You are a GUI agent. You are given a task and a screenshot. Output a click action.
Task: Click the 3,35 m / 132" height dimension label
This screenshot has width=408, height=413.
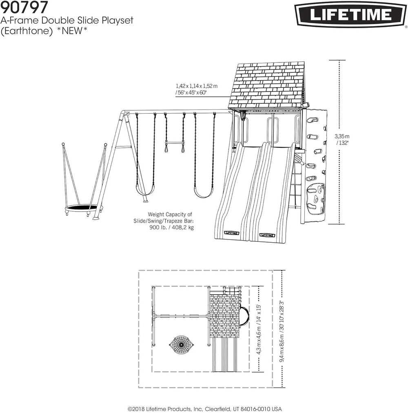[341, 139]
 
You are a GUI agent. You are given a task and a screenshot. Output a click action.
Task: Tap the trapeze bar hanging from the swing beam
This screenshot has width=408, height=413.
[174, 143]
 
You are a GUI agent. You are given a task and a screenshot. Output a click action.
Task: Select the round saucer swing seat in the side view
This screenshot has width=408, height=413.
[82, 208]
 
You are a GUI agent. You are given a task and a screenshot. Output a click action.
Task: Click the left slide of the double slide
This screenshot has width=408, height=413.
[235, 192]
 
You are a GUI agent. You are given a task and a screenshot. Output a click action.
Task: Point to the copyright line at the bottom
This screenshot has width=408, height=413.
[204, 409]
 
